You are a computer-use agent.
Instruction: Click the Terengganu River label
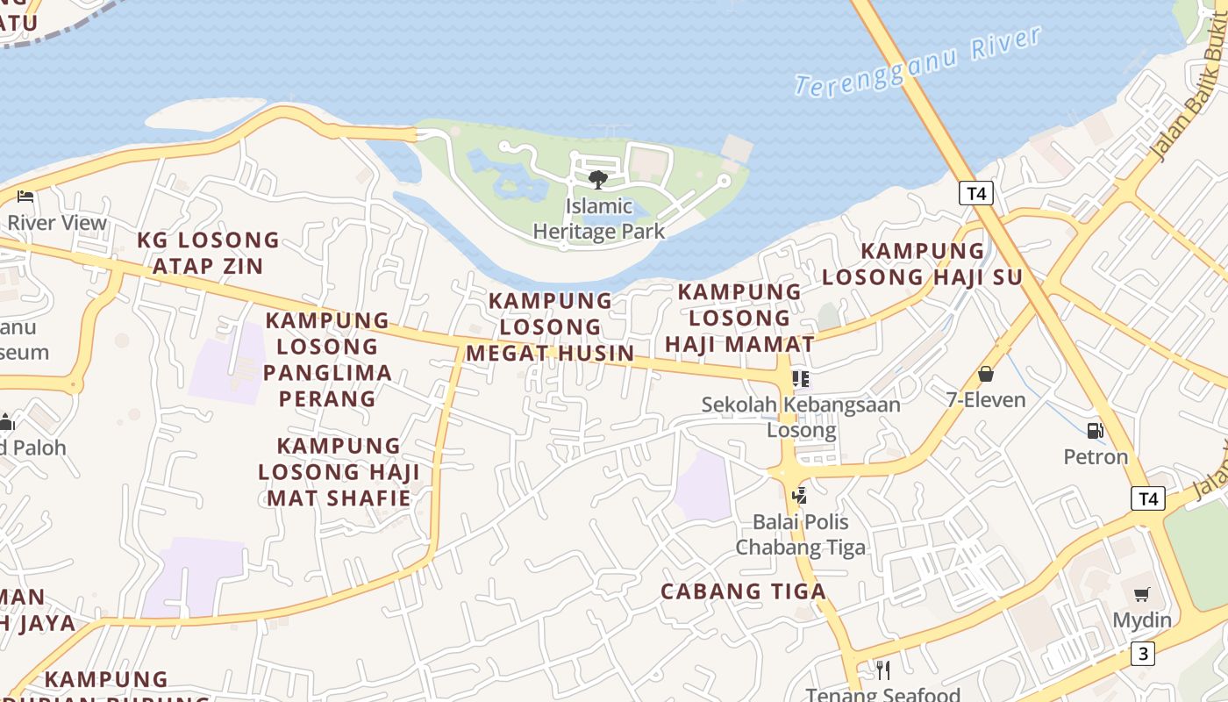(917, 61)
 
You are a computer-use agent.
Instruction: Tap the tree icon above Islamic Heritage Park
(598, 180)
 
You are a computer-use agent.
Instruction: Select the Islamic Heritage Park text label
(599, 219)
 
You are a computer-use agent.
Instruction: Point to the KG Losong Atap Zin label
(209, 253)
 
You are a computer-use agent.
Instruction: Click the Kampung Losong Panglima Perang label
(327, 359)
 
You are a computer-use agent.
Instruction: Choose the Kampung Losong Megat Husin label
(550, 326)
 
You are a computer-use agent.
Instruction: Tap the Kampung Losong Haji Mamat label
(739, 318)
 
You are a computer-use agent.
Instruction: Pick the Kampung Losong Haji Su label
(923, 264)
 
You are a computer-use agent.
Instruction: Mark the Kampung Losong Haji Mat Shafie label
(339, 472)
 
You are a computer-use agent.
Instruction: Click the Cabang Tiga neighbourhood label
(743, 591)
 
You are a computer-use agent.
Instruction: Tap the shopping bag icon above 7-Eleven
(986, 375)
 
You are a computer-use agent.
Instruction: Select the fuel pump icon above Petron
(1095, 431)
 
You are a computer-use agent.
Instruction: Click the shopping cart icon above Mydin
(1141, 595)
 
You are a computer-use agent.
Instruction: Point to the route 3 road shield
(1142, 654)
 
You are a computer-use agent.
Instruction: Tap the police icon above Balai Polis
(799, 496)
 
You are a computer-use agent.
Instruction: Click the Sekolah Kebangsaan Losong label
(801, 417)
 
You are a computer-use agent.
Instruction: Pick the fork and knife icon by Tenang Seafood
(883, 670)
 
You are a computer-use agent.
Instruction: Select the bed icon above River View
(25, 196)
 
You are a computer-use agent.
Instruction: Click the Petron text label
(1096, 456)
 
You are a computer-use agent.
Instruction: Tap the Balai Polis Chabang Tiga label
(800, 534)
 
